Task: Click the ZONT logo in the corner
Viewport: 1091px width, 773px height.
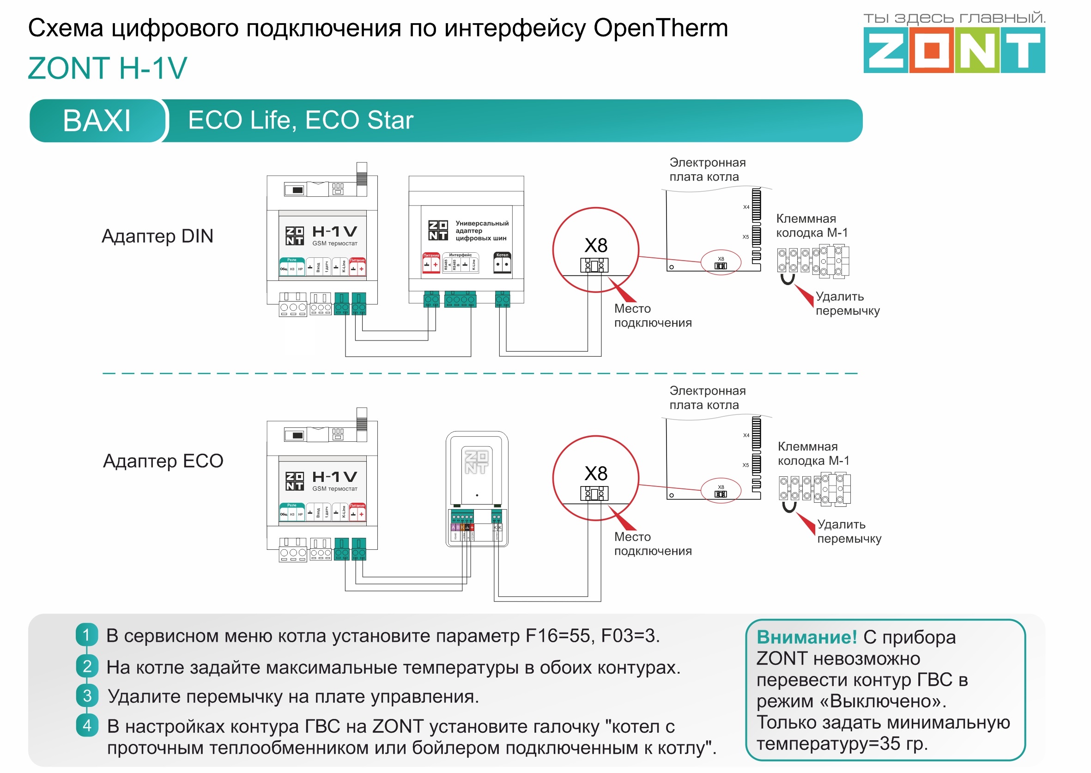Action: pos(953,50)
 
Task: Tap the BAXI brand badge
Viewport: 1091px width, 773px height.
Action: pos(97,121)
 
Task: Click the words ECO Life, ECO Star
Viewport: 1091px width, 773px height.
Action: pos(300,120)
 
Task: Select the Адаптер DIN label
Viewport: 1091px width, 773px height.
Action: pos(158,236)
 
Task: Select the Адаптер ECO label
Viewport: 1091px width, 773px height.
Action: pos(163,461)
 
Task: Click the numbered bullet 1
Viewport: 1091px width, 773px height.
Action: pos(86,634)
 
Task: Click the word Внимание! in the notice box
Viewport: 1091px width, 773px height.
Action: pos(806,637)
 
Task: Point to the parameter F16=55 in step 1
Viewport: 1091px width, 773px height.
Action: pos(559,635)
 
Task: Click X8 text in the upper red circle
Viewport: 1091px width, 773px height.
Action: pos(596,246)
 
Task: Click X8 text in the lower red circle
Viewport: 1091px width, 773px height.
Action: pos(596,474)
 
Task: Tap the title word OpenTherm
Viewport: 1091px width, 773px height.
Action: pos(661,28)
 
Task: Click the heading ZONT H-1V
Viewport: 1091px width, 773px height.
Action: pos(108,67)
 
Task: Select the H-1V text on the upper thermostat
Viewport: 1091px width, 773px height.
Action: pos(334,232)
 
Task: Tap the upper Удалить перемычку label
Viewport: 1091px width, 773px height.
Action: pos(847,304)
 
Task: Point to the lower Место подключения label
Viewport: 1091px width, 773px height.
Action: pos(652,543)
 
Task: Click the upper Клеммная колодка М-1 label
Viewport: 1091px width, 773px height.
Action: pos(812,225)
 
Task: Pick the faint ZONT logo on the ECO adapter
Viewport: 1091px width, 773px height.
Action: pos(476,462)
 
